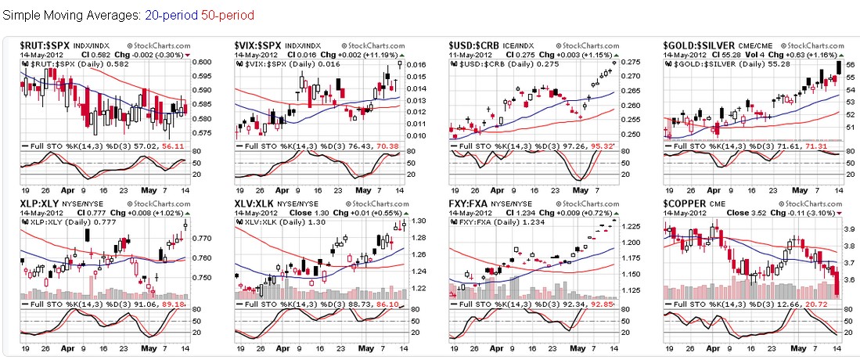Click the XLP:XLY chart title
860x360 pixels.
[x=40, y=204]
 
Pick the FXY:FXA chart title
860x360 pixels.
[x=470, y=204]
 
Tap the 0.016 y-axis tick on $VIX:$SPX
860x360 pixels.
[x=415, y=65]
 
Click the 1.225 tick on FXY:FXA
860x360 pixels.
[x=630, y=227]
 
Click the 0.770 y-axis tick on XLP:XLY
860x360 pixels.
[x=200, y=237]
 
